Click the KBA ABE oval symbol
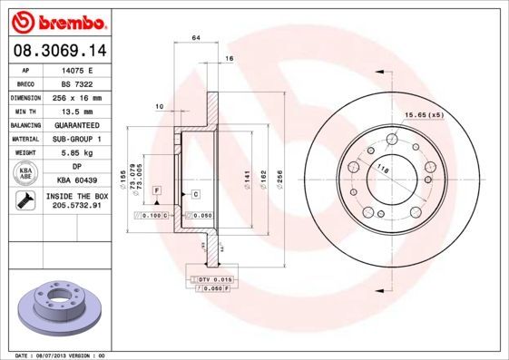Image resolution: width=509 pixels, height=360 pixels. (25, 174)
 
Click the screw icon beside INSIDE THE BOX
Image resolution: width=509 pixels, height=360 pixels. (25, 201)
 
